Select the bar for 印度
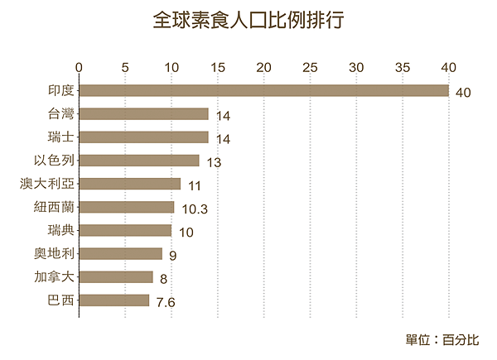click(263, 90)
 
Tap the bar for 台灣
click(144, 113)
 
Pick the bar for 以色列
click(139, 161)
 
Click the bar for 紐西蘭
click(127, 207)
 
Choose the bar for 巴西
click(114, 300)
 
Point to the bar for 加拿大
click(116, 276)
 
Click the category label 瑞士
click(62, 137)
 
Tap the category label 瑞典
click(62, 230)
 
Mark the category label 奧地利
click(55, 253)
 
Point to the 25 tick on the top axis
click(311, 66)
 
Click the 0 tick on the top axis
click(80, 66)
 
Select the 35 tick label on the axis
click(403, 66)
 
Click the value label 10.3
click(193, 209)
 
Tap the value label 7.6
click(166, 303)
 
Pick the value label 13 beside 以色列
click(214, 163)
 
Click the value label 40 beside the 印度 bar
click(463, 93)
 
